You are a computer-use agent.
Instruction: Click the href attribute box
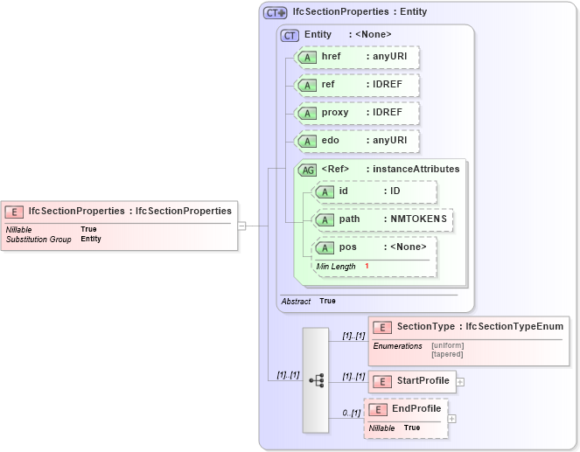tap(357, 57)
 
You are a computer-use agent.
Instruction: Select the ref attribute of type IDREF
tap(357, 85)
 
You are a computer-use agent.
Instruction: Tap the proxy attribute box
tap(357, 113)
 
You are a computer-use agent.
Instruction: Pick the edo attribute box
tap(357, 141)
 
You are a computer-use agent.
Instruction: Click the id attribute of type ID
tap(374, 191)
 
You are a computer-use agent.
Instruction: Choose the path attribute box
tap(383, 219)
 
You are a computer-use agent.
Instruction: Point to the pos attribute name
tap(348, 247)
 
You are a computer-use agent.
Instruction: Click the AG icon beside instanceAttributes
tap(308, 170)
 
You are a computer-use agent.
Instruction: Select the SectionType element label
tap(426, 326)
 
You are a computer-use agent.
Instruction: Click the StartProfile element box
tap(411, 380)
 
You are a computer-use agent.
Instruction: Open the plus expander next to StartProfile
tap(460, 381)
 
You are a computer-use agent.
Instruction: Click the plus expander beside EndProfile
tap(452, 419)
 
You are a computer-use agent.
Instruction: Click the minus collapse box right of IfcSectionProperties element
tap(242, 225)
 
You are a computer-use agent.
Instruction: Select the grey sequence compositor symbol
tap(316, 380)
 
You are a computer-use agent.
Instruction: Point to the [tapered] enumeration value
tap(447, 354)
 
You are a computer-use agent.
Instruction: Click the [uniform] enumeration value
tap(447, 345)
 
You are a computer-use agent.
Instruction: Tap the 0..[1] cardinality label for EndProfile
tap(352, 413)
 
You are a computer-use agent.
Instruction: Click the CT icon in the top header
tap(276, 13)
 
